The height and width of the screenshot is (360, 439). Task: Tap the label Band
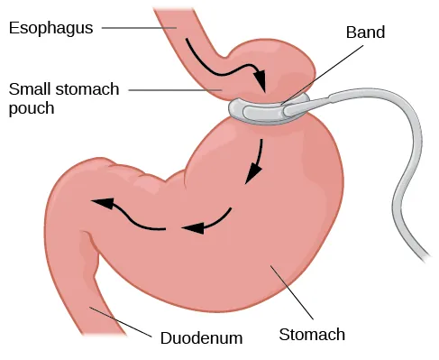(x=365, y=32)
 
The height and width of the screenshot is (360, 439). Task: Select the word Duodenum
(x=202, y=339)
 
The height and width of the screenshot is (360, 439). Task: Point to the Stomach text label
(x=311, y=335)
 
